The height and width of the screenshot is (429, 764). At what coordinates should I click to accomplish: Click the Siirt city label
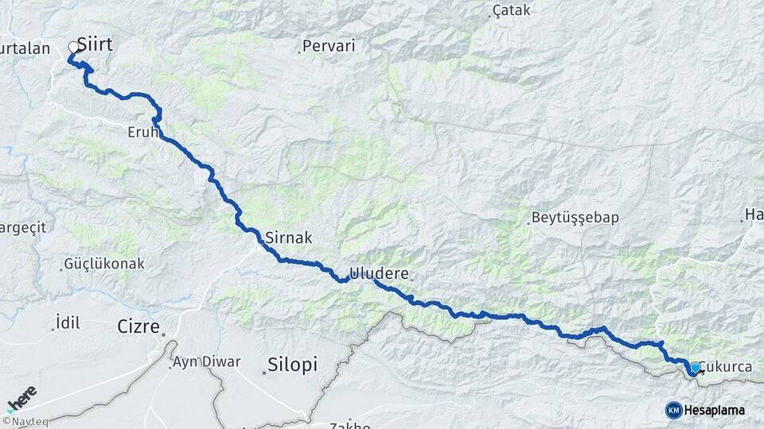pos(95,45)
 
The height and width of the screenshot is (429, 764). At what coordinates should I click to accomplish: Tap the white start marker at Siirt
pos(74,48)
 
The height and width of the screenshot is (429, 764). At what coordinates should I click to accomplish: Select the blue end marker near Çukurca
pos(695,368)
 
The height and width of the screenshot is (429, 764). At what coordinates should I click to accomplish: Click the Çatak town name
pos(512,11)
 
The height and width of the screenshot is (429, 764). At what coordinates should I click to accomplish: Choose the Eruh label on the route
pos(142,132)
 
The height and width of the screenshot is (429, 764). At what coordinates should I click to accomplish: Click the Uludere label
pos(379,273)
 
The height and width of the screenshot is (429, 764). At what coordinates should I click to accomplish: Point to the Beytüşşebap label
pos(575,217)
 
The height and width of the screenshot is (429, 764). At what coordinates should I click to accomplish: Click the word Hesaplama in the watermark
pos(714,410)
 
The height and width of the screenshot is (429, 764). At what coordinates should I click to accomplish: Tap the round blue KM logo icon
pos(673,410)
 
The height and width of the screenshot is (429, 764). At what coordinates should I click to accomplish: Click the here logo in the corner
pos(21,398)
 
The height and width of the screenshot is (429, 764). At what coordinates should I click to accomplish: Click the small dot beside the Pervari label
pos(299,52)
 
